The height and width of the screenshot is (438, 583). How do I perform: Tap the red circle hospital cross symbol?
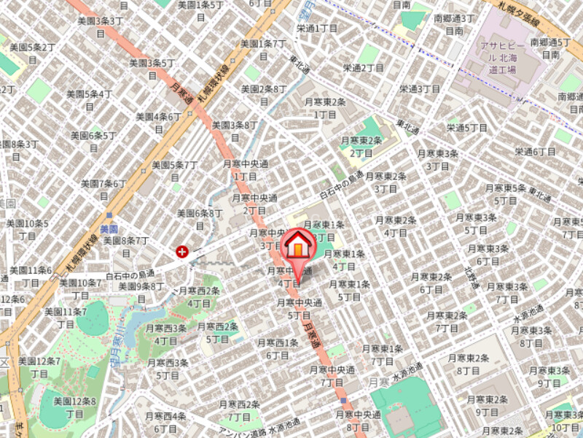181,251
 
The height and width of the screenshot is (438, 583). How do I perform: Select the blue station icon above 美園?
109,217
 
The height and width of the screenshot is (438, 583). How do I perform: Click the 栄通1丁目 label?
317,28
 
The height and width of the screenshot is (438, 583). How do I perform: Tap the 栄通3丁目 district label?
420,88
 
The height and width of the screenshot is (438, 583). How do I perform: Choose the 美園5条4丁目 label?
89,99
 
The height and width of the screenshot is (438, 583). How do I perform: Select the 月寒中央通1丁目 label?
245,170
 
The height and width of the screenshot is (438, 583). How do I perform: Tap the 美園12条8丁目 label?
75,407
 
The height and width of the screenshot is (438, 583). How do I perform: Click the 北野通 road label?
470,277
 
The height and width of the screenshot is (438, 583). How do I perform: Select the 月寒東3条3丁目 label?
438,159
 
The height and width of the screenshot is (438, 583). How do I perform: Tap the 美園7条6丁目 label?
103,189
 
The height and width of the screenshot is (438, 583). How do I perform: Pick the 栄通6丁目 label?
535,151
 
